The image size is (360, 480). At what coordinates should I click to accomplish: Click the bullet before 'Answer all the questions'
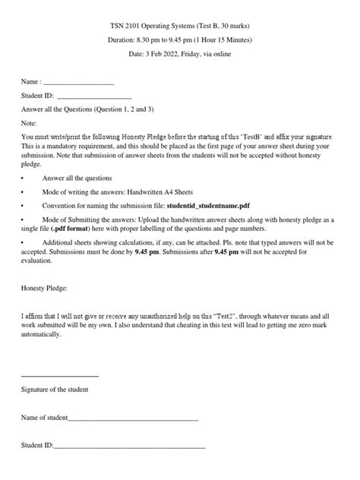click(x=23, y=177)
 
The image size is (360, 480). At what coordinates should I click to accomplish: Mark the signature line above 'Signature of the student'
click(x=59, y=376)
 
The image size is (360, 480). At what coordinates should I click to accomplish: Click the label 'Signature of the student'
click(x=55, y=390)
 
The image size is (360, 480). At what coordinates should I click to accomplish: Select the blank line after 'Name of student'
click(x=133, y=418)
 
